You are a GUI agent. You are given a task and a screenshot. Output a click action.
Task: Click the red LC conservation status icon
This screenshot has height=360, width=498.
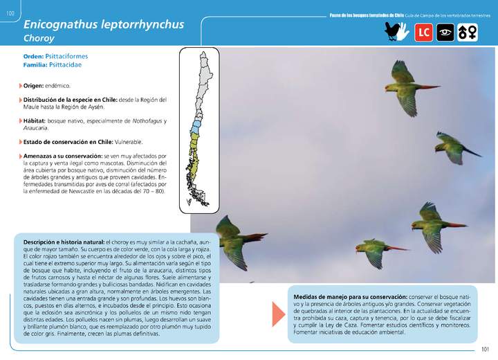click(x=423, y=32)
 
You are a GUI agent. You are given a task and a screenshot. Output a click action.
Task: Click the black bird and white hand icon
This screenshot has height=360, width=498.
click(x=396, y=32)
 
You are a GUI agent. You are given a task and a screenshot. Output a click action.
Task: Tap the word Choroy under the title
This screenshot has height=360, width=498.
click(x=39, y=39)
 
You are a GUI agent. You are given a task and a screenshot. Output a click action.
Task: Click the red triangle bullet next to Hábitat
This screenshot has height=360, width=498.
click(x=20, y=121)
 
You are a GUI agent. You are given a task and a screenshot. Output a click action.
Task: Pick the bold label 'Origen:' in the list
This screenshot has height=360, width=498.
click(x=34, y=86)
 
